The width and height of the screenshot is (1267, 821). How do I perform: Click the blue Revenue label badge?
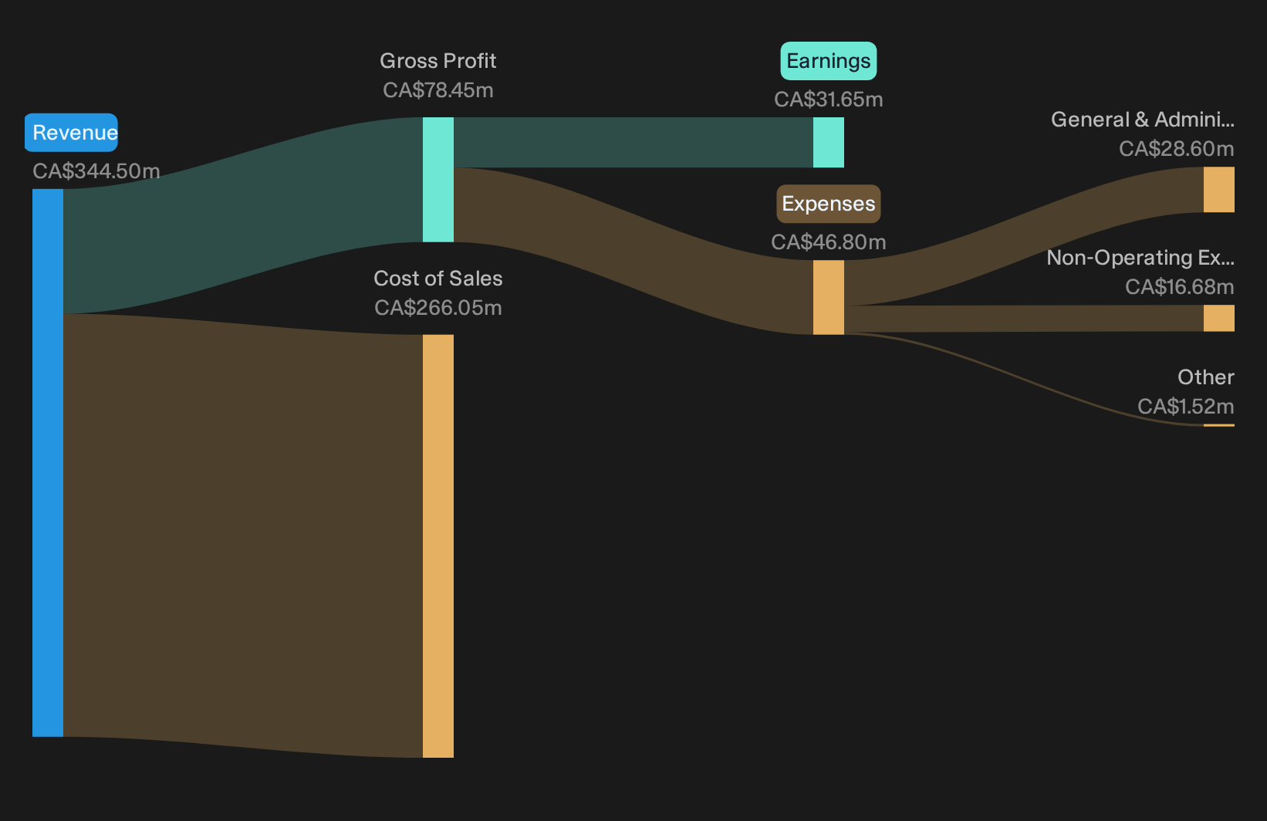pyautogui.click(x=71, y=133)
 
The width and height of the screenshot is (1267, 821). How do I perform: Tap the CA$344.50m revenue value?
pyautogui.click(x=96, y=171)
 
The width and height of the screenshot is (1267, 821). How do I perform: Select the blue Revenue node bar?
pyautogui.click(x=48, y=463)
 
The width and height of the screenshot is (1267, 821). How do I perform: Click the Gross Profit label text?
pyautogui.click(x=438, y=60)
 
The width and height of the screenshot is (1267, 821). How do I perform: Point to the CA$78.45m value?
pyautogui.click(x=438, y=90)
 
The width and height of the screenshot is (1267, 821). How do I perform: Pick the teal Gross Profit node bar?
pyautogui.click(x=438, y=179)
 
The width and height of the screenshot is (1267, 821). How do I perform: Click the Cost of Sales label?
pyautogui.click(x=438, y=279)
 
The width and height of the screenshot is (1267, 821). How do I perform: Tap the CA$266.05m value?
pyautogui.click(x=438, y=308)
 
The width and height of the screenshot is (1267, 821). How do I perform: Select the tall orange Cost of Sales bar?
pyautogui.click(x=438, y=546)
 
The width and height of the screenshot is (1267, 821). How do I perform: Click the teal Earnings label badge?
pyautogui.click(x=829, y=60)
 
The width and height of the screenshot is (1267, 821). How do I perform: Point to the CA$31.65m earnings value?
pyautogui.click(x=829, y=100)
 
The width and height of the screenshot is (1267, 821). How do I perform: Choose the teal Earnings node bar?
pyautogui.click(x=829, y=142)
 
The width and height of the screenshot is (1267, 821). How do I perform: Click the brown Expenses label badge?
pyautogui.click(x=829, y=204)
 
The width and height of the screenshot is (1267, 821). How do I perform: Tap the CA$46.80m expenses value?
pyautogui.click(x=829, y=242)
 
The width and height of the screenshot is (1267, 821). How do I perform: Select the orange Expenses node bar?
pyautogui.click(x=829, y=297)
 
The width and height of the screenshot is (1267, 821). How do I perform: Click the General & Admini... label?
pyautogui.click(x=1143, y=120)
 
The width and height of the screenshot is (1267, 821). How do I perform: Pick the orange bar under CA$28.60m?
pyautogui.click(x=1219, y=190)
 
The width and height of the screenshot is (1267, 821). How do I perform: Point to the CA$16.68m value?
pyautogui.click(x=1179, y=287)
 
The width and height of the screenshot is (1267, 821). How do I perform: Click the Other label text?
pyautogui.click(x=1206, y=377)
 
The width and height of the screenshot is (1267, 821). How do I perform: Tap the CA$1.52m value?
pyautogui.click(x=1185, y=407)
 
